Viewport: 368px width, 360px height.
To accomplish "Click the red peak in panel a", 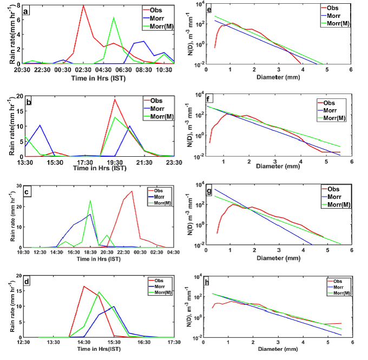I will point(83,5).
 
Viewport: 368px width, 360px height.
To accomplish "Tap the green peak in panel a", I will point(113,17).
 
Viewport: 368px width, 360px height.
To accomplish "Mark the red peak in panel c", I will point(132,191).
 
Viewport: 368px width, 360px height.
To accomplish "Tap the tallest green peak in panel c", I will point(90,201).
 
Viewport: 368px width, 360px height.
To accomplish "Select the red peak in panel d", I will point(84,286).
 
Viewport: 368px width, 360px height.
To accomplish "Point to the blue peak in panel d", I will point(114,306).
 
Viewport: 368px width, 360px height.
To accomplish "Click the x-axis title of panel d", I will point(98,350).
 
